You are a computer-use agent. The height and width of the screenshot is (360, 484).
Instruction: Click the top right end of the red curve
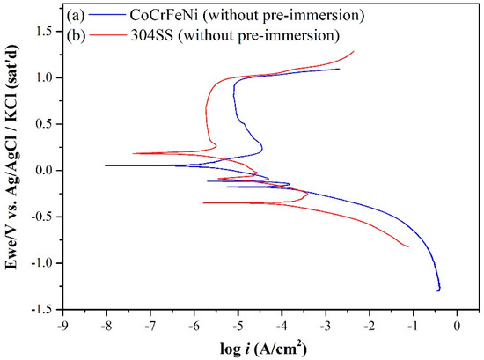click(x=354, y=50)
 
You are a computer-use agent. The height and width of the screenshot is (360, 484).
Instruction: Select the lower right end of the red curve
click(x=408, y=246)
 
